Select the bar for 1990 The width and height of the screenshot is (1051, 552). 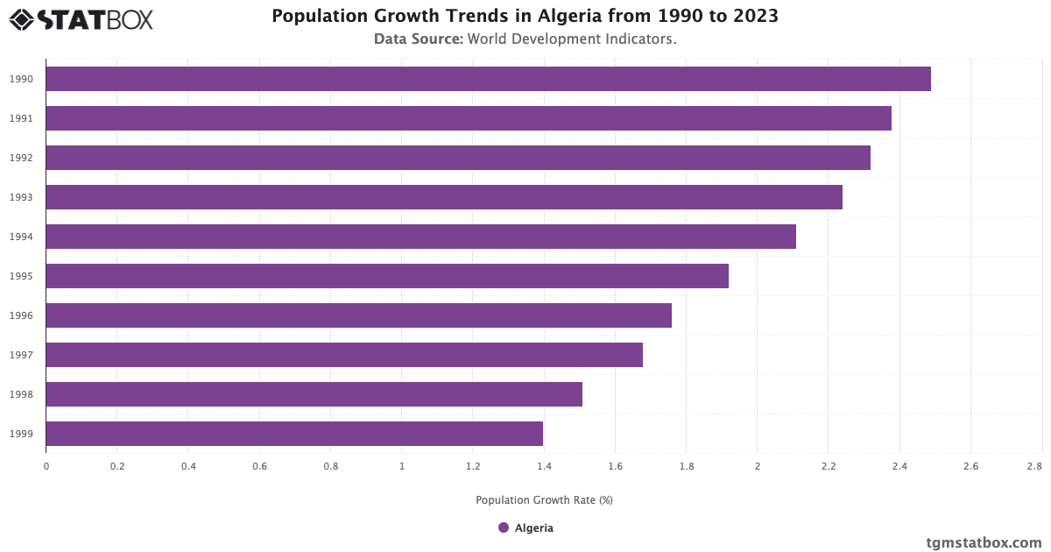pos(488,79)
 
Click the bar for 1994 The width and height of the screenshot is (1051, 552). pos(420,237)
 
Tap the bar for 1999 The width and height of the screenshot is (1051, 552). pos(294,434)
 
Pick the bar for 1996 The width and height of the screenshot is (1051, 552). pos(358,315)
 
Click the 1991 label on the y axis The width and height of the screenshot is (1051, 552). pos(22,118)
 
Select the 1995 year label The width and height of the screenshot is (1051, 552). pos(22,276)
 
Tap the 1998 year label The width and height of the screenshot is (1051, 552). pos(22,394)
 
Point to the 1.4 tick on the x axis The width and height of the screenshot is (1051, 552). pos(544,467)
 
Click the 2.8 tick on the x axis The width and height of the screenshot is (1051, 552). pos(1035,467)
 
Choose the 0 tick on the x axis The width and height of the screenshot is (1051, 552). pos(46,467)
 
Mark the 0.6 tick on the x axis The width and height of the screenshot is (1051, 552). pos(259,467)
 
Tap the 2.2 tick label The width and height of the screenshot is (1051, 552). pos(828,467)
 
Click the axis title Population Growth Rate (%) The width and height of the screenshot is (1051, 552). pos(544,500)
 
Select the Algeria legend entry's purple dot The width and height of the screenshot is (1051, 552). pos(504,527)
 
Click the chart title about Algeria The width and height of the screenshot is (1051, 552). pos(525,16)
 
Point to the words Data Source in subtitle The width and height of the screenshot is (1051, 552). pos(419,39)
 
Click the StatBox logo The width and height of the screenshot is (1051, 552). pos(81,19)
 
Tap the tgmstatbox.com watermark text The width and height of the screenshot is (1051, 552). pos(984,542)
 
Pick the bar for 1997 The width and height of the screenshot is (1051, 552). pos(344,355)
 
